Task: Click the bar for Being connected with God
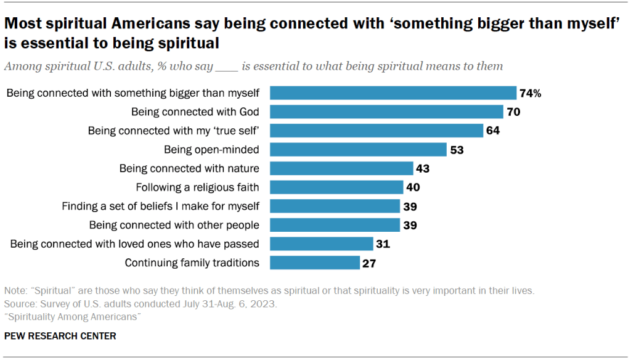[x=387, y=112]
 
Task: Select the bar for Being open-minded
[x=358, y=150]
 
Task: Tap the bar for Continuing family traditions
[x=315, y=263]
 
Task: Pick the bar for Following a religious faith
[x=336, y=187]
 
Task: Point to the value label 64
[x=492, y=131]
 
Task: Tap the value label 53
[x=456, y=150]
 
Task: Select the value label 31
[x=383, y=244]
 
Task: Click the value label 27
[x=370, y=263]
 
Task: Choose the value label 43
[x=423, y=169]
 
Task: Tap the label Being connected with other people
[x=174, y=225]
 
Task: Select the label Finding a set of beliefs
[x=161, y=207]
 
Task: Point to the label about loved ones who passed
[x=135, y=244]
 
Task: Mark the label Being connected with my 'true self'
[x=174, y=131]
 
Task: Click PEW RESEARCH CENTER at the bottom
[x=60, y=337]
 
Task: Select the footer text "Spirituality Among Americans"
[x=73, y=316]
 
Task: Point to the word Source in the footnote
[x=19, y=304]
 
